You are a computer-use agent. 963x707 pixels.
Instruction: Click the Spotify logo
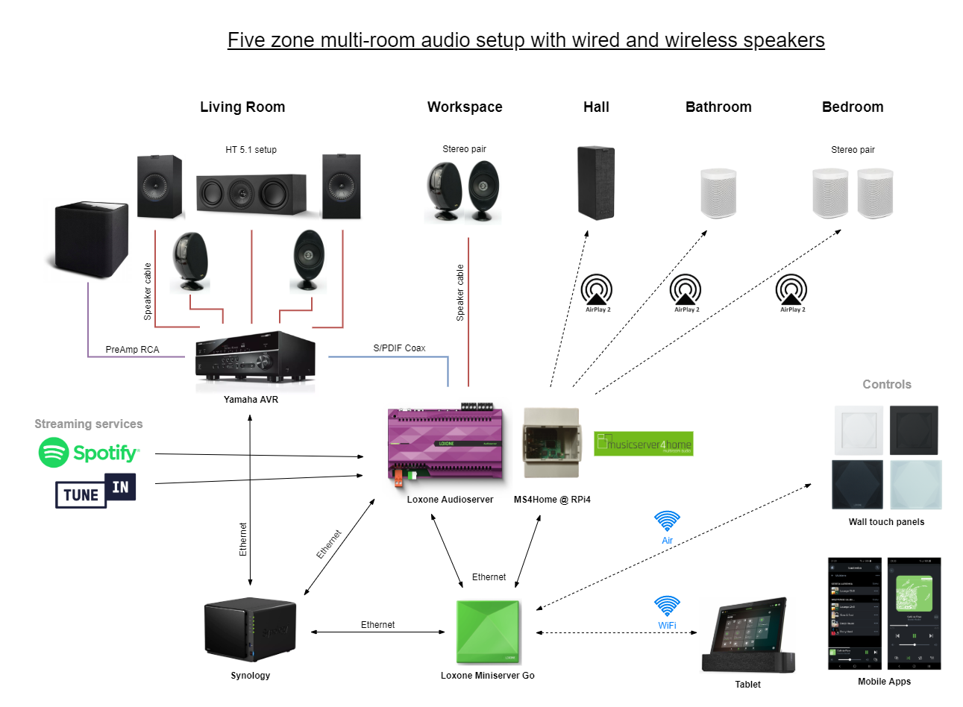89,453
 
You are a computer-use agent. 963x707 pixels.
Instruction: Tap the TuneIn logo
95,491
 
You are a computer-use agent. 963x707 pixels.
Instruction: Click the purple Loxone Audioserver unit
445,445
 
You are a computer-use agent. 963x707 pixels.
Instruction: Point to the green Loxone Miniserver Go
488,632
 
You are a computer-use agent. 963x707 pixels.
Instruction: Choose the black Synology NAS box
250,630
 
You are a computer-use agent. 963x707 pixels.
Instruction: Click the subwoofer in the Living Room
91,239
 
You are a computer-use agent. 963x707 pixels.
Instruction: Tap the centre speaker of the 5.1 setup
251,194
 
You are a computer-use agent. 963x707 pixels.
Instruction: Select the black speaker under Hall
596,183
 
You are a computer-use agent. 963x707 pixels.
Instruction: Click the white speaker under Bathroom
718,193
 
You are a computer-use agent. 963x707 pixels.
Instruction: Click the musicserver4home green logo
644,444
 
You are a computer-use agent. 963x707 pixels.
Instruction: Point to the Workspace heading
465,107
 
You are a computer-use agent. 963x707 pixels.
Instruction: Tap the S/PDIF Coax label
399,348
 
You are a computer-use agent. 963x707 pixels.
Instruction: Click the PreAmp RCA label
132,350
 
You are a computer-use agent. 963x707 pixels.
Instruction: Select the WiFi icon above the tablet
667,606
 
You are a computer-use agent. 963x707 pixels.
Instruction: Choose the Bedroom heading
853,107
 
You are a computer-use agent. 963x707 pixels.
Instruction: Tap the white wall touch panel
859,430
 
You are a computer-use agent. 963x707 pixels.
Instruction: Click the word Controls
887,385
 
